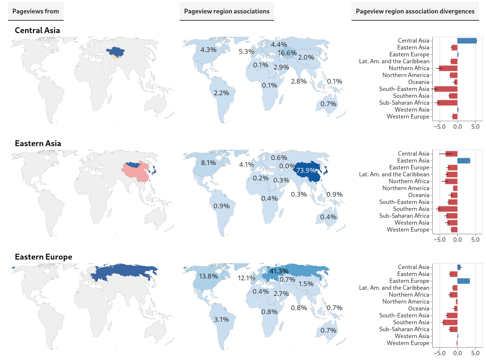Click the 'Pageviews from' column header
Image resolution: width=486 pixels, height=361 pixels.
[x=36, y=11]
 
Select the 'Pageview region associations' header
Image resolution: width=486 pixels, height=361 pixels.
[x=226, y=11]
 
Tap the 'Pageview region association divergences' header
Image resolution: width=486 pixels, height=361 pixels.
[x=415, y=11]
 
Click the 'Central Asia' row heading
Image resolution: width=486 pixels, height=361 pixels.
[x=37, y=31]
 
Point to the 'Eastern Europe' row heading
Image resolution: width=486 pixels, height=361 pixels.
[x=43, y=257]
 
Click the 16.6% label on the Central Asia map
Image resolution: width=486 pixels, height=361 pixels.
[x=287, y=53]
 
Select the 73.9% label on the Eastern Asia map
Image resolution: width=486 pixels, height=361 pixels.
[x=306, y=171]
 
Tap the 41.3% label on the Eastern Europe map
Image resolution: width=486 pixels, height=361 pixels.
[x=279, y=271]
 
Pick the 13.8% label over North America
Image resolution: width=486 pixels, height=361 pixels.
[x=208, y=276]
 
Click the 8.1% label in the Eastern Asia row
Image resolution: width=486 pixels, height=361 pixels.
[x=208, y=163]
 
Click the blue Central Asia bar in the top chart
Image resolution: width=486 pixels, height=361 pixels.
[x=467, y=41]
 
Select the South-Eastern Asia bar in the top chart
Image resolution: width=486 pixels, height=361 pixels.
[x=446, y=89]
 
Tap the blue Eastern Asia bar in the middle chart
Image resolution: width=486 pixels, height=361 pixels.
[x=463, y=161]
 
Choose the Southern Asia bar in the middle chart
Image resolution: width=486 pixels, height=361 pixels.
[x=448, y=209]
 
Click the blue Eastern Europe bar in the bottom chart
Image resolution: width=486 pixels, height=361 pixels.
[x=463, y=281]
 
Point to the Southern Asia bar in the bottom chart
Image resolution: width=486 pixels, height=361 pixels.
[x=450, y=322]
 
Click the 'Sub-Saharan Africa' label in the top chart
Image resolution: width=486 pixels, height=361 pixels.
[x=404, y=103]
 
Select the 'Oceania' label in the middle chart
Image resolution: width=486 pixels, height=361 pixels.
[x=418, y=195]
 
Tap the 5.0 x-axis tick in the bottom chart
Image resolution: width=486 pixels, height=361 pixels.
[x=475, y=353]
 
